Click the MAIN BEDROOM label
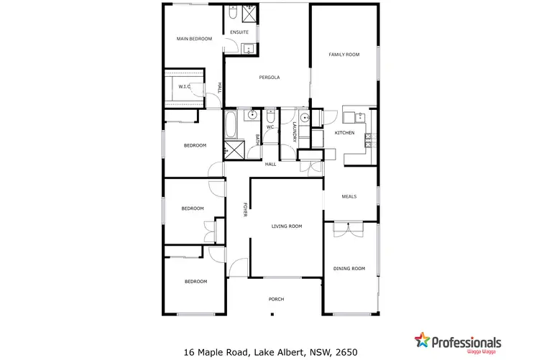pos(195,39)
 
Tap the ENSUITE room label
pos(239,32)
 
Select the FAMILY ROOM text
pos(343,55)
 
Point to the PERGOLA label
pos(269,78)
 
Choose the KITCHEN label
pos(345,133)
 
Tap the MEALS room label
pos(349,196)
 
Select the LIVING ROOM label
pos(286,226)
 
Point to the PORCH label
pos(277,299)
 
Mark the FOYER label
pos(245,210)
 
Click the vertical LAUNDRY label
pos(295,132)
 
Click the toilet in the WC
pos(270,115)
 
